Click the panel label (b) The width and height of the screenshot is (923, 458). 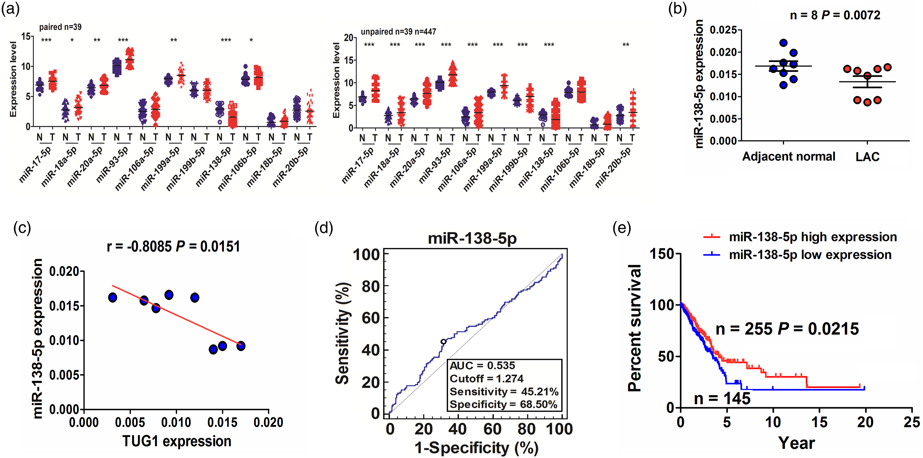[678, 9]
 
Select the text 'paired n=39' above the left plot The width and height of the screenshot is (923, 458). [60, 27]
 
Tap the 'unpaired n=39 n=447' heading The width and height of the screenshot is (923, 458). [399, 32]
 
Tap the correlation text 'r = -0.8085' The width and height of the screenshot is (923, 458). [139, 246]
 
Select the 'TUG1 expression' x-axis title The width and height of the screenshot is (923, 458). [177, 441]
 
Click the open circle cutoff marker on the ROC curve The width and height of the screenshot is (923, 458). [444, 342]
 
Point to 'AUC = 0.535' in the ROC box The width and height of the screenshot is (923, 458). [482, 366]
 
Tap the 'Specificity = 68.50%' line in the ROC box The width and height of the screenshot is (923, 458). [503, 404]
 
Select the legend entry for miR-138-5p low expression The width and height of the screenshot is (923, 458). [797, 255]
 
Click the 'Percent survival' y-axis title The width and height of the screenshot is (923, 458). [634, 328]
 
